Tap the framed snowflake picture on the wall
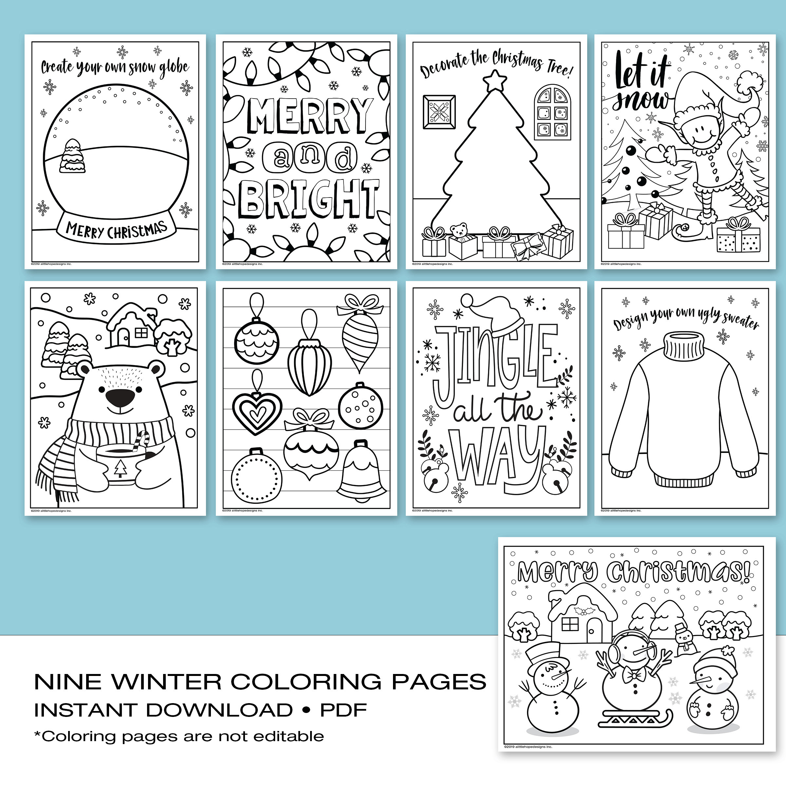[439, 112]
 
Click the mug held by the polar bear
[120, 464]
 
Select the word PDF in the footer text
[343, 710]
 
